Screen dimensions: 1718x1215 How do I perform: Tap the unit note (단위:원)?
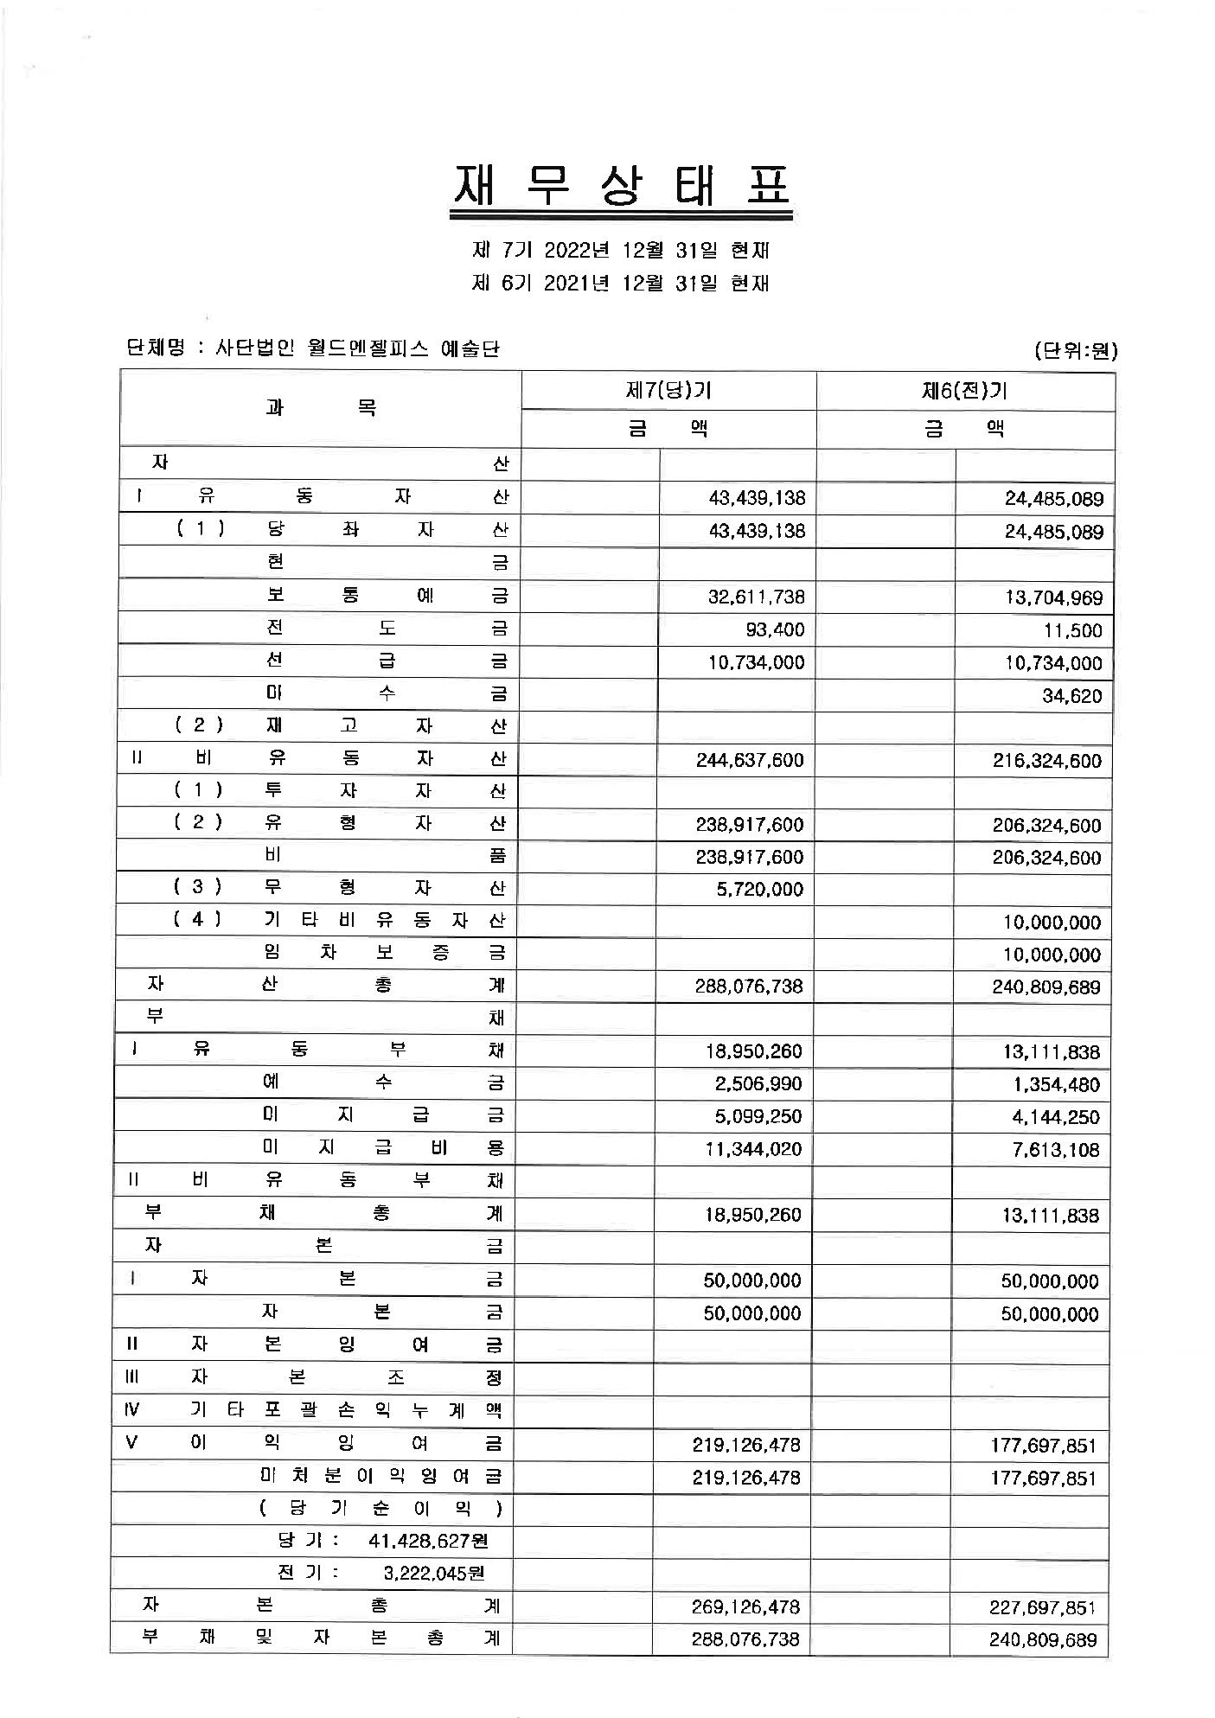[1075, 350]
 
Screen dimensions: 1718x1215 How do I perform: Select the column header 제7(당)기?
[668, 391]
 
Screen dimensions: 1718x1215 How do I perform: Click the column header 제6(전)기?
[965, 391]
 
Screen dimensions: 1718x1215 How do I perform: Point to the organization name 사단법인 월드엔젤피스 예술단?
[357, 348]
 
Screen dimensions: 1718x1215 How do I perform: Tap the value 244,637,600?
[749, 760]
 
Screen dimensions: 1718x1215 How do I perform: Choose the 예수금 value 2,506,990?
[758, 1084]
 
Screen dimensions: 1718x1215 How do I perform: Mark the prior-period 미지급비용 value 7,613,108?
[1056, 1150]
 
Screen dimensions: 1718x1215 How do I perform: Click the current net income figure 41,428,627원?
[428, 1541]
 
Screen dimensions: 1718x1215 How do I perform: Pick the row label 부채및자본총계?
[320, 1638]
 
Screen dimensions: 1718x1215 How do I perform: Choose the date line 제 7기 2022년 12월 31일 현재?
[621, 251]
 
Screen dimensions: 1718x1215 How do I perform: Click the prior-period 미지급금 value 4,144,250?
[1056, 1117]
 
